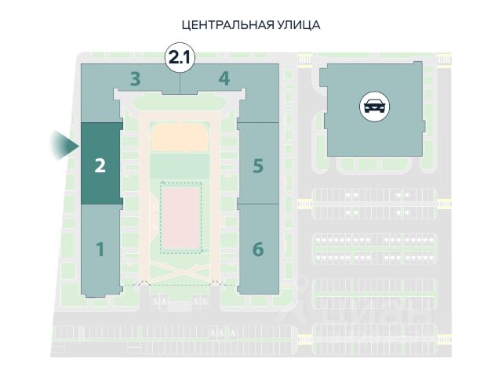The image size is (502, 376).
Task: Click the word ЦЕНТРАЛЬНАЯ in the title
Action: [x=227, y=25]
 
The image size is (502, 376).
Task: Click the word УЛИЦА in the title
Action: [x=299, y=25]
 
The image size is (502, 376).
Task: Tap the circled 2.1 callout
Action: [x=180, y=58]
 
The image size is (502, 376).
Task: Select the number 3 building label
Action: [x=136, y=79]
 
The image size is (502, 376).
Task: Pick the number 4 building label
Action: [x=224, y=78]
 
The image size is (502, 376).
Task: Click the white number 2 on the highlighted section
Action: [x=100, y=166]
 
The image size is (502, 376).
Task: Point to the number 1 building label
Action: [x=100, y=249]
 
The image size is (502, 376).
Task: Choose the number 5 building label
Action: [x=258, y=166]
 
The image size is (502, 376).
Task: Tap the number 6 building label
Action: [x=258, y=249]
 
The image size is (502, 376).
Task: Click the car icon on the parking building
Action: [x=375, y=107]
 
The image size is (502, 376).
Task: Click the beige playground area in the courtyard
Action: [x=180, y=138]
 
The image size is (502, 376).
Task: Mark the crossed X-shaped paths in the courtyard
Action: [x=180, y=272]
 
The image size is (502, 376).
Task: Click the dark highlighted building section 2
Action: [x=101, y=164]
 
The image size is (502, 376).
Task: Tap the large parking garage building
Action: [x=373, y=110]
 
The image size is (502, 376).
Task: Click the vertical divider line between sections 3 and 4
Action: [x=180, y=84]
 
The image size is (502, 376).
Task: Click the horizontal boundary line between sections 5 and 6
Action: [x=258, y=204]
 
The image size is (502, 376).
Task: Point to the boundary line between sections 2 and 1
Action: [x=101, y=204]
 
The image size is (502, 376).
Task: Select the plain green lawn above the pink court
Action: [x=180, y=165]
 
